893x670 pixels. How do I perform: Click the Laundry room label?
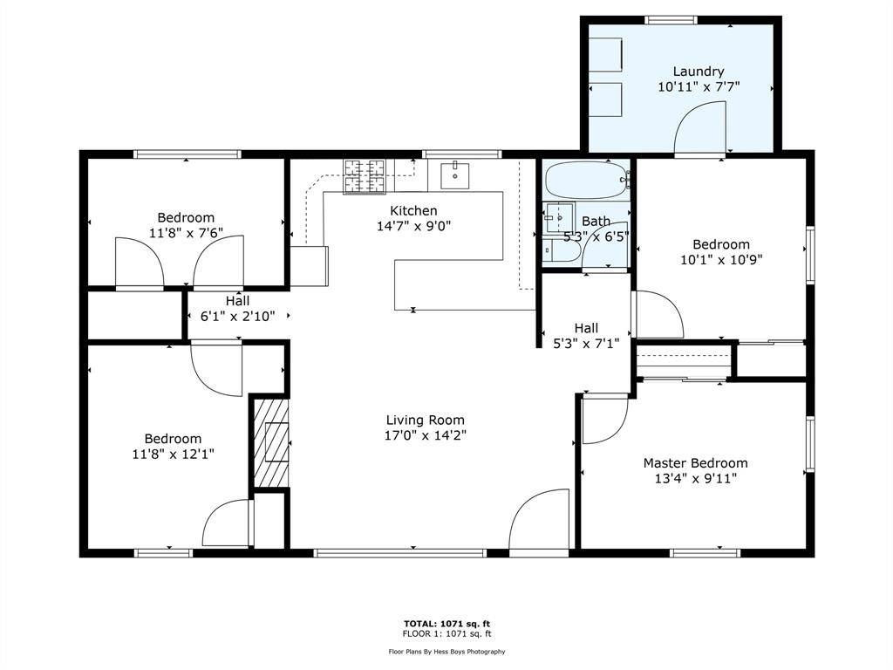[x=698, y=72]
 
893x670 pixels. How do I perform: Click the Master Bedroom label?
[x=695, y=463]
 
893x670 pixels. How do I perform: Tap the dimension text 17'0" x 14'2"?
[x=426, y=436]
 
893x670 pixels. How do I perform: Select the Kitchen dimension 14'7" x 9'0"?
[x=413, y=226]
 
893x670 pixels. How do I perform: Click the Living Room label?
[x=426, y=420]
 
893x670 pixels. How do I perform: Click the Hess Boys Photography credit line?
[x=446, y=651]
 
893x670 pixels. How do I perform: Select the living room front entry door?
[x=538, y=523]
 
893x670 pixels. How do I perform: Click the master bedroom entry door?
[x=603, y=419]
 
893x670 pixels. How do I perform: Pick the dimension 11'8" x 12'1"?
[x=173, y=454]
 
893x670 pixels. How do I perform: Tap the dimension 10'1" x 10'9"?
[x=721, y=259]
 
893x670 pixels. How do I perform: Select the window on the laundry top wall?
[x=671, y=19]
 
